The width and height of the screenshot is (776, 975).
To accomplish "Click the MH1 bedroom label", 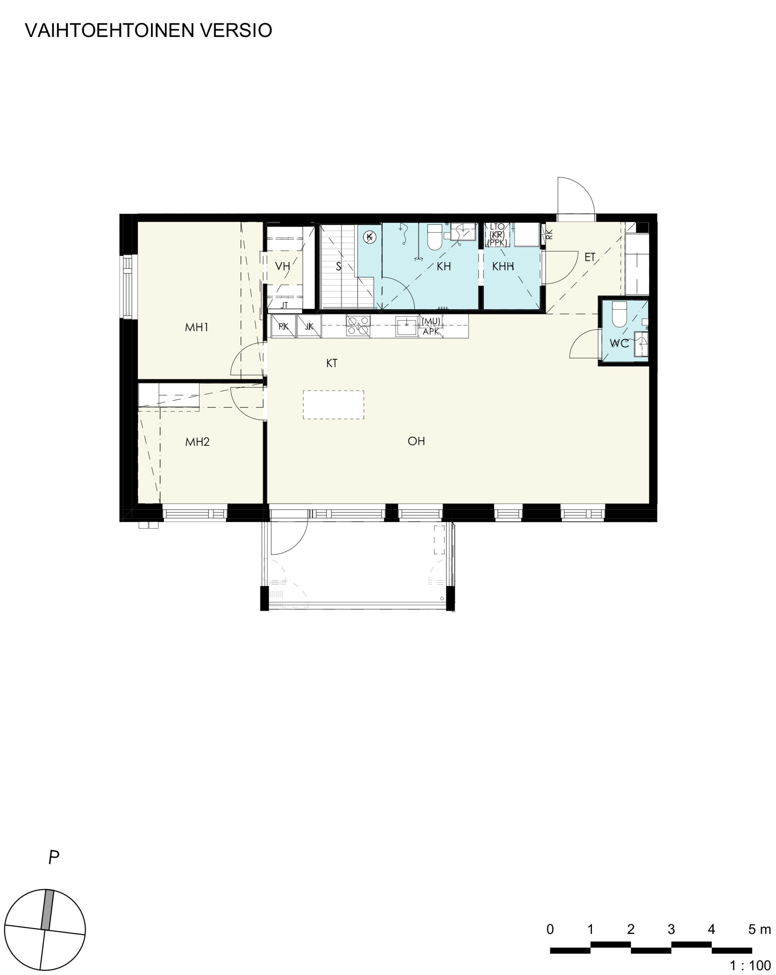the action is point(197,327).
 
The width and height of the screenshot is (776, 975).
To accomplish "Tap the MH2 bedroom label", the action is point(198,442).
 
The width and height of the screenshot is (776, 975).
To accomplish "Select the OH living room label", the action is point(416,441).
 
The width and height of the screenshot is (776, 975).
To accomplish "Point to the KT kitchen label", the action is point(331,363).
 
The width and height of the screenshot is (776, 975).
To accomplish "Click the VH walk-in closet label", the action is point(283,266).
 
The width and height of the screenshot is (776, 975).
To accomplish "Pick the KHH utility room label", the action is point(503,266).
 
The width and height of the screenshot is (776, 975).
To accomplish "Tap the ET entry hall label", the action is point(590,257).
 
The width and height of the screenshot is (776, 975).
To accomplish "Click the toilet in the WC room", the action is point(619,314).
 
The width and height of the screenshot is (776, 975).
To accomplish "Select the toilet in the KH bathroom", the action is point(435,237).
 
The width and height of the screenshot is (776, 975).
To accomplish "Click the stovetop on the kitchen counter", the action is point(358,326).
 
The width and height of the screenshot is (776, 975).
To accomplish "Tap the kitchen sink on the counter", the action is point(406,326).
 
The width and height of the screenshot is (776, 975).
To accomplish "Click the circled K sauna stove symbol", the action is point(370,237).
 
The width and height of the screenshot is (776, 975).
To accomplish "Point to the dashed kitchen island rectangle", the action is point(333,405).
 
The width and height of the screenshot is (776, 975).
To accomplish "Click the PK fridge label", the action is point(283,326).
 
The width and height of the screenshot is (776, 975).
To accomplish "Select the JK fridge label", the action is point(309,326).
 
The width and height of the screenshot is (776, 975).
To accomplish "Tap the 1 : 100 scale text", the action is point(750,965).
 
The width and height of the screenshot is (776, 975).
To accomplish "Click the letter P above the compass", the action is point(54,857).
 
